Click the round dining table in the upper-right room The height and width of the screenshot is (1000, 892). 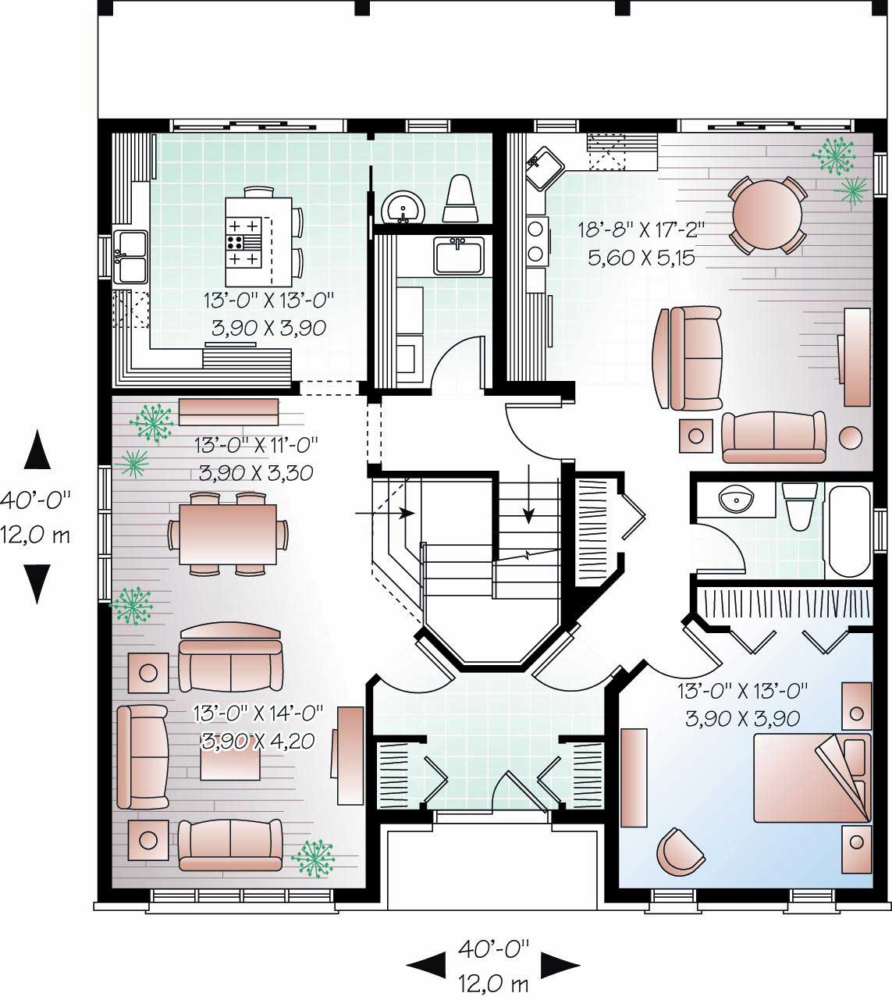point(767,215)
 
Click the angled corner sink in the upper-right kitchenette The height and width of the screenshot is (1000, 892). point(544,167)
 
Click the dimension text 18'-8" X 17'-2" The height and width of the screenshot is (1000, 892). point(641,230)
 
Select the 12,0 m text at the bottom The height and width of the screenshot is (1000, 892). point(492,982)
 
